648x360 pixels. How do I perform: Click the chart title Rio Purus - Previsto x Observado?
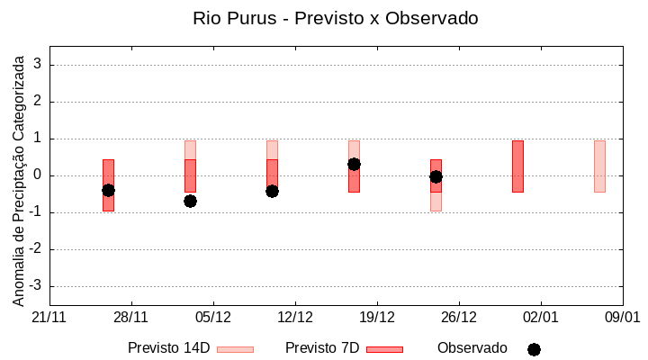(336, 18)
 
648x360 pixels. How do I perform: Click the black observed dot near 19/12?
(354, 164)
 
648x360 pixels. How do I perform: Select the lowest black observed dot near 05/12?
(190, 201)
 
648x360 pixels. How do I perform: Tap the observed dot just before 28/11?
(108, 190)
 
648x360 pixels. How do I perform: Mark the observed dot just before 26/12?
(436, 176)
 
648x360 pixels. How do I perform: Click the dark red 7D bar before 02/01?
(517, 166)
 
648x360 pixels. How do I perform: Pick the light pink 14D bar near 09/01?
(599, 166)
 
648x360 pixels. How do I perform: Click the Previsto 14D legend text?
(168, 348)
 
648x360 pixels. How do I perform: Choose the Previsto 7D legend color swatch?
(384, 349)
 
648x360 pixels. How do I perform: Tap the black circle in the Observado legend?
(534, 349)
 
